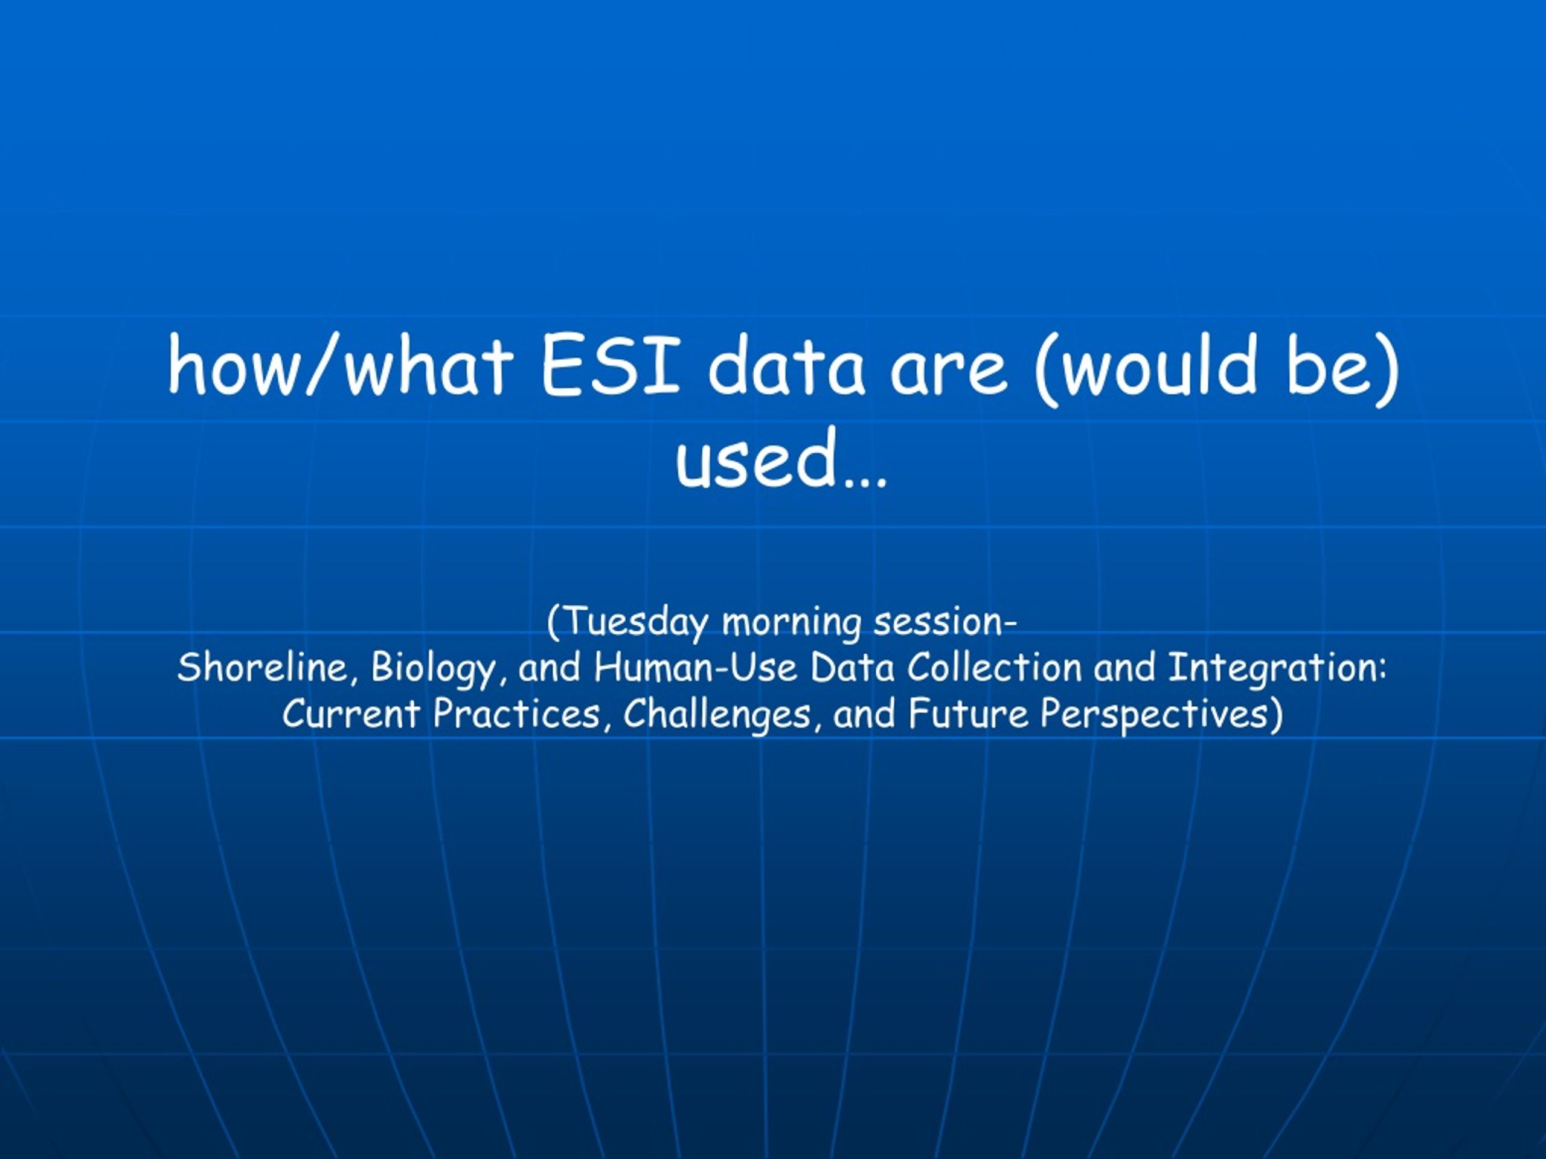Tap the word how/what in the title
(341, 365)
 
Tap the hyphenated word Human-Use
(696, 667)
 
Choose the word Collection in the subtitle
(995, 667)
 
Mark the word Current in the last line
(351, 714)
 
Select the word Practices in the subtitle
(516, 714)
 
